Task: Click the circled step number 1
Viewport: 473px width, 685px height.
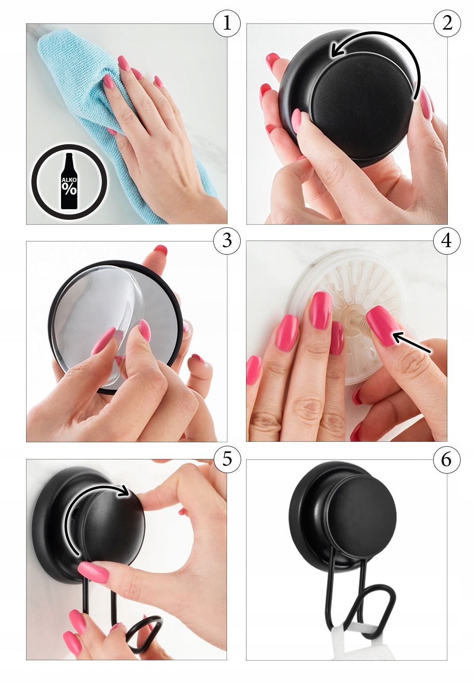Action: pos(227,23)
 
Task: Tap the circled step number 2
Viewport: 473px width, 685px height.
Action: pos(447,23)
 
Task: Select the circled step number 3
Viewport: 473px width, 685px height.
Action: pos(227,241)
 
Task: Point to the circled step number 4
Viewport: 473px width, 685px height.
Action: pos(447,241)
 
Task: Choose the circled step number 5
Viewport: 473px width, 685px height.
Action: pos(227,459)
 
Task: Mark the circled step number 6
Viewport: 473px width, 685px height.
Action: pos(447,459)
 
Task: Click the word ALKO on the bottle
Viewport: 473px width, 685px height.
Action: pos(69,180)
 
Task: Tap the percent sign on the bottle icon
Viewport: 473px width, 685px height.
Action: pos(69,189)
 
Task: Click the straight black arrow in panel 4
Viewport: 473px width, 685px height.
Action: pos(411,342)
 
